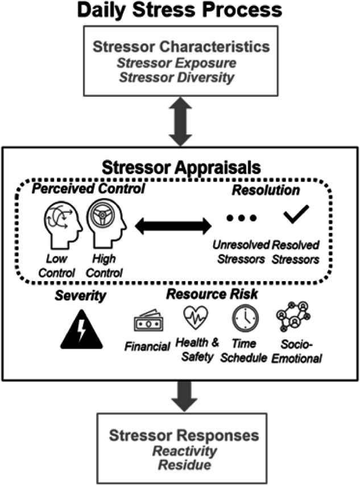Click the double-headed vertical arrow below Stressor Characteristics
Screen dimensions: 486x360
180,121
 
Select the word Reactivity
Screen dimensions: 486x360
180,451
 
